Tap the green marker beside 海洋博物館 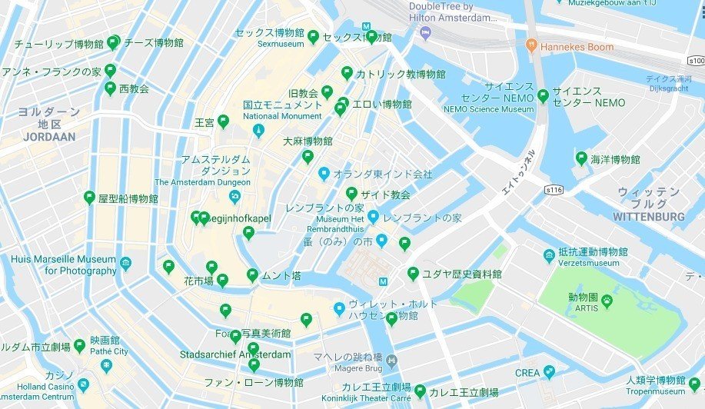point(582,158)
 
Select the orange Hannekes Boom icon point(530,47)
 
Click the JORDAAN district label point(49,137)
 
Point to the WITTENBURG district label point(649,217)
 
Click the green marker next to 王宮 point(223,121)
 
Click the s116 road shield point(554,189)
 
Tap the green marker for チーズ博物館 point(114,42)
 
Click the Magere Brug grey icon point(391,360)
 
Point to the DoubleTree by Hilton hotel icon point(425,34)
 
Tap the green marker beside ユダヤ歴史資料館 point(413,273)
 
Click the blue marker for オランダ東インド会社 point(324,174)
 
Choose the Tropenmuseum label point(655,391)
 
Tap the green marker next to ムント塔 point(252,274)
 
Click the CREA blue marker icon point(549,372)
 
